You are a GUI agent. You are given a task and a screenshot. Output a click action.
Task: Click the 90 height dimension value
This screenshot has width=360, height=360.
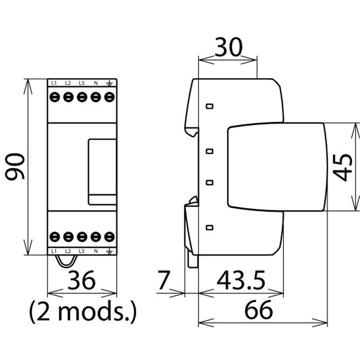click(15, 166)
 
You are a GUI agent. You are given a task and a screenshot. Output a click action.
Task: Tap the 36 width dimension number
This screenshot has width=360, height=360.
click(81, 280)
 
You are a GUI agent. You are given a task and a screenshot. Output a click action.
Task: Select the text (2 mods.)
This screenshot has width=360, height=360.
click(83, 311)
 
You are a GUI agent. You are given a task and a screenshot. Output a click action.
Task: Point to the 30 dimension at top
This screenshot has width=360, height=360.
click(229, 47)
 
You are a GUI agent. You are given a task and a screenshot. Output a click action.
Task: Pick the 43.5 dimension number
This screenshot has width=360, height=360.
click(241, 280)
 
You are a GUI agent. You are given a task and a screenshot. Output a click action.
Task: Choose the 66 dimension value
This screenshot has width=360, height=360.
click(258, 310)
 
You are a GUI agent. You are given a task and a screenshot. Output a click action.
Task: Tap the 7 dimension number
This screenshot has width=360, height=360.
click(164, 280)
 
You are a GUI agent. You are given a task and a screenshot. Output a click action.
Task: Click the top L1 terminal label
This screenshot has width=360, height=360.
click(54, 83)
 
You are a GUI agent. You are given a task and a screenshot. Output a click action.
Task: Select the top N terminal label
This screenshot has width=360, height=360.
click(96, 83)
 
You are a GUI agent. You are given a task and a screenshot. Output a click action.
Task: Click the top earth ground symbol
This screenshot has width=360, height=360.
click(109, 83)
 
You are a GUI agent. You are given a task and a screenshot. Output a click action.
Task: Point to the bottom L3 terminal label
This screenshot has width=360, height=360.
click(81, 251)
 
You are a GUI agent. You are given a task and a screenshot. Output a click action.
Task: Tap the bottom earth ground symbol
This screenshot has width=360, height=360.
click(109, 251)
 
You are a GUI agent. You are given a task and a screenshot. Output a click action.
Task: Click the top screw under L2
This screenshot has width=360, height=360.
click(68, 97)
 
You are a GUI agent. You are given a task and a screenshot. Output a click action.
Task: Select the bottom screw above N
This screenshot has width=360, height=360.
click(96, 237)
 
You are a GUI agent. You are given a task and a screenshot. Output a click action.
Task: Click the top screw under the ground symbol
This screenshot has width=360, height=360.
click(109, 97)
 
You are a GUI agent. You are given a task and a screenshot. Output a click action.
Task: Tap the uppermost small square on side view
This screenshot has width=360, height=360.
click(210, 106)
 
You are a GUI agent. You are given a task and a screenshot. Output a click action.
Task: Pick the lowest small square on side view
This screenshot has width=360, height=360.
click(210, 227)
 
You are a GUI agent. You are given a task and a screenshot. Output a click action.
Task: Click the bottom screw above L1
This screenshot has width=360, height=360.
click(55, 237)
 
